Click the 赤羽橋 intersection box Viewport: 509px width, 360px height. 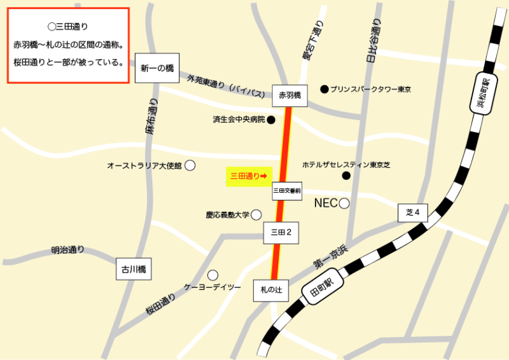(289, 95)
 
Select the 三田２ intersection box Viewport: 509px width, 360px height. (281, 233)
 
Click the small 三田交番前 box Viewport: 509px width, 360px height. (286, 190)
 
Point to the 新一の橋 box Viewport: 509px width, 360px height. (157, 69)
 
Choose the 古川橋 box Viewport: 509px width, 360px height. (134, 269)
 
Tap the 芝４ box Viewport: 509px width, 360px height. (413, 212)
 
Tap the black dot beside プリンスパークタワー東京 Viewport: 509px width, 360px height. (324, 89)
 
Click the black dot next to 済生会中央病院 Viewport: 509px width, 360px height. (271, 120)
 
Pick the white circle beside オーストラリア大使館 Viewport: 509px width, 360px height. (190, 165)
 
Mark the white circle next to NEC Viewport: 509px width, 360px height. (344, 204)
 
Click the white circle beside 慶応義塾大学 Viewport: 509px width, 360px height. (256, 215)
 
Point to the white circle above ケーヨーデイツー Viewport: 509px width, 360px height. (213, 275)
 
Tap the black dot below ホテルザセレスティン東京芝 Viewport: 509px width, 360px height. (346, 176)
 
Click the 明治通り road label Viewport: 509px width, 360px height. (68, 250)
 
